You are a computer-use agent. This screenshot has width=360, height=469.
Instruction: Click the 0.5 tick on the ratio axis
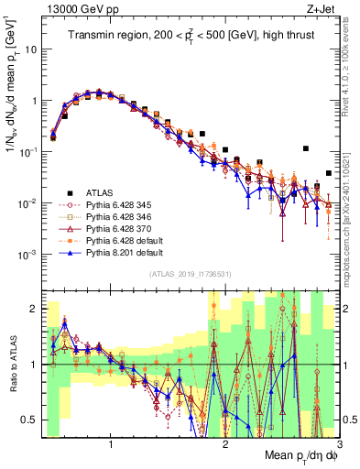point(33,420)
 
